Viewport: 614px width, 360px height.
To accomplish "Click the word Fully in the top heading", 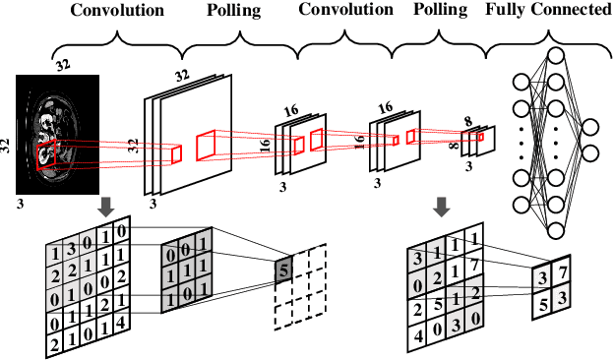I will tap(507, 10).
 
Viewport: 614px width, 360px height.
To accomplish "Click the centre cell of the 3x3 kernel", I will tap(185, 267).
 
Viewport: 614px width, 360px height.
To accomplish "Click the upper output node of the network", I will tap(589, 127).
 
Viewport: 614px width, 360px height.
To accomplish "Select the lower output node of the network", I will tap(589, 151).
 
